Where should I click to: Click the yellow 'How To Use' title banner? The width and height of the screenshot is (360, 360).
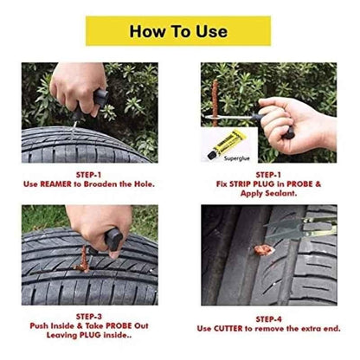(178, 31)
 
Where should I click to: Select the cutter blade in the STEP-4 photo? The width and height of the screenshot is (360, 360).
(299, 227)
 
